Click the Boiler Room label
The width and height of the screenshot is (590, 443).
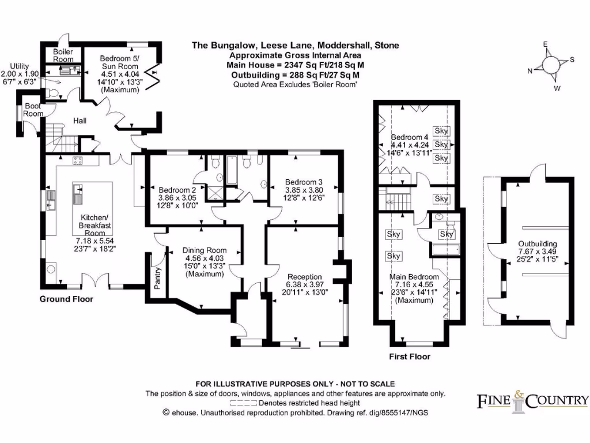pyautogui.click(x=63, y=55)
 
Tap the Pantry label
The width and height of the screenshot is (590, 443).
pyautogui.click(x=157, y=278)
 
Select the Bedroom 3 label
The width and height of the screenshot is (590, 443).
pyautogui.click(x=304, y=182)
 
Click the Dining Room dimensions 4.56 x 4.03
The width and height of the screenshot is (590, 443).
pyautogui.click(x=205, y=258)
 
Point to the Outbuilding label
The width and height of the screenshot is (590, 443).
pyautogui.click(x=538, y=244)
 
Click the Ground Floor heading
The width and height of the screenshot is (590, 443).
pyautogui.click(x=66, y=299)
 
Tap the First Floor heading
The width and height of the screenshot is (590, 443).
pyautogui.click(x=410, y=356)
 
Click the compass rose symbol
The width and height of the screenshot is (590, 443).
pyautogui.click(x=550, y=65)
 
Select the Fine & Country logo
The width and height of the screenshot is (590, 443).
pyautogui.click(x=532, y=401)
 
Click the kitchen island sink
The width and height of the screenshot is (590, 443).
pyautogui.click(x=78, y=194)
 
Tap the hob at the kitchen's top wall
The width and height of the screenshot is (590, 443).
pyautogui.click(x=78, y=160)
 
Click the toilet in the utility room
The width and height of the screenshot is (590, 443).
pyautogui.click(x=52, y=93)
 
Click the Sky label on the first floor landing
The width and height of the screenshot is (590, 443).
pyautogui.click(x=441, y=198)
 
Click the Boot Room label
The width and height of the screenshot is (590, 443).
pyautogui.click(x=33, y=110)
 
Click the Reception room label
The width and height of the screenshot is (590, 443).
pyautogui.click(x=304, y=277)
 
